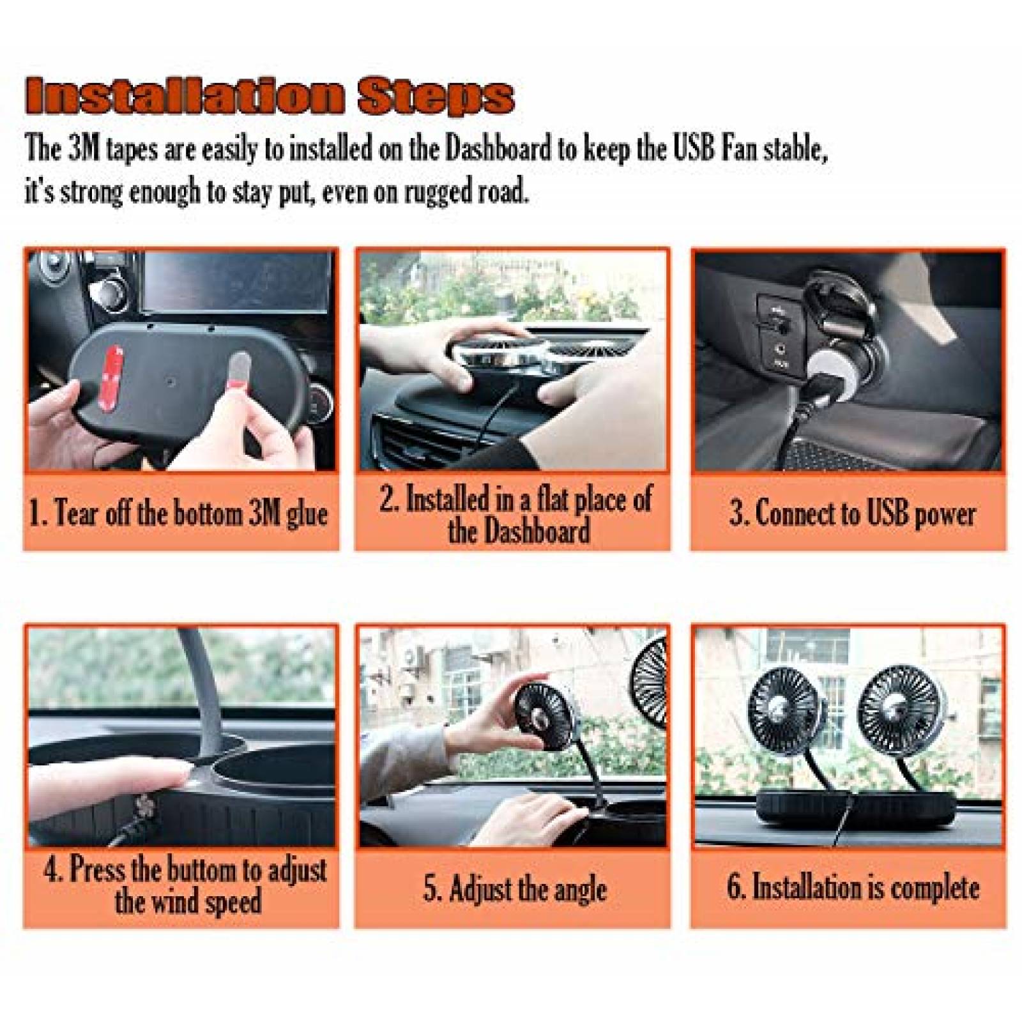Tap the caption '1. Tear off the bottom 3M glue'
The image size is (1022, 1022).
179,514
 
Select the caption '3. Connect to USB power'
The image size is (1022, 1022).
852,514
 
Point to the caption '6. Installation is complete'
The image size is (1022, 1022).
852,888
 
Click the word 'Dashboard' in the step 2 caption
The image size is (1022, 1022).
519,531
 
